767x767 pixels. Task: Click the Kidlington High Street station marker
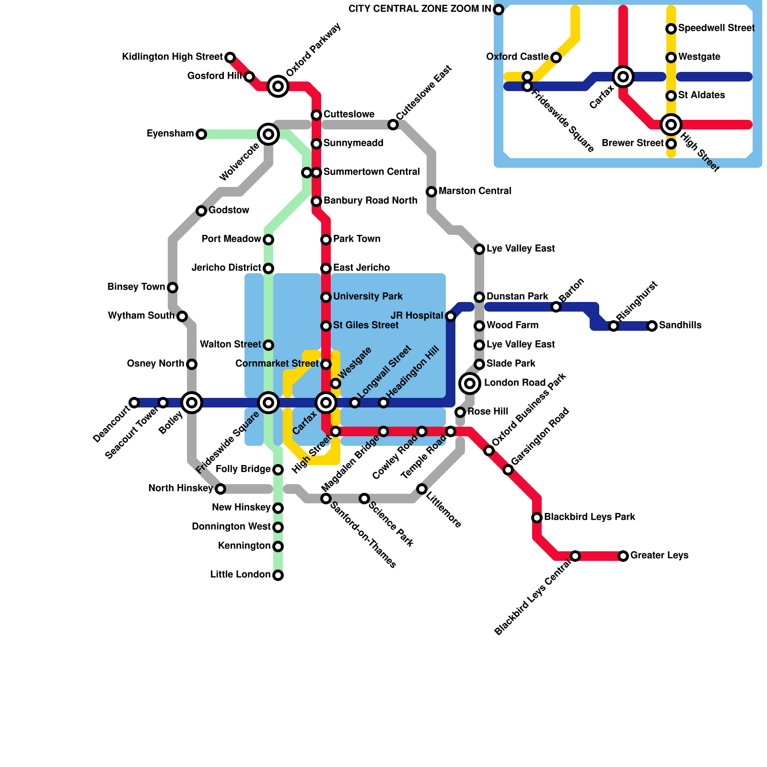(230, 58)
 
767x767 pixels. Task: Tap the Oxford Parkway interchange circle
(278, 86)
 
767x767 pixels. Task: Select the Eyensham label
(170, 134)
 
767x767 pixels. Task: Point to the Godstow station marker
(201, 211)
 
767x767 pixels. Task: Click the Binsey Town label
(136, 287)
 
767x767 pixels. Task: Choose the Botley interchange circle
(192, 403)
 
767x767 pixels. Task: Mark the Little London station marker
(278, 575)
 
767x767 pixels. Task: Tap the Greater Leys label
(659, 556)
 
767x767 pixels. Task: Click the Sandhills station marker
(652, 326)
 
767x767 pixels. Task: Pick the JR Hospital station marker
(451, 316)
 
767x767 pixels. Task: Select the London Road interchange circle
(470, 383)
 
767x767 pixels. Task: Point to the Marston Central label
(475, 191)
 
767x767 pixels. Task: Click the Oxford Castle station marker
(556, 58)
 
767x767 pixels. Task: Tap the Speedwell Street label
(716, 28)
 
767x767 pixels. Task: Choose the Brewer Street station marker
(671, 144)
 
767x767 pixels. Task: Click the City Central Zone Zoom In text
(419, 9)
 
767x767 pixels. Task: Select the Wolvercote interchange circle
(268, 134)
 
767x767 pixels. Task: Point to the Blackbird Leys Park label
(590, 517)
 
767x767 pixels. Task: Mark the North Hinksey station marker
(221, 489)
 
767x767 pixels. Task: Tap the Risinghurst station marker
(614, 326)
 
